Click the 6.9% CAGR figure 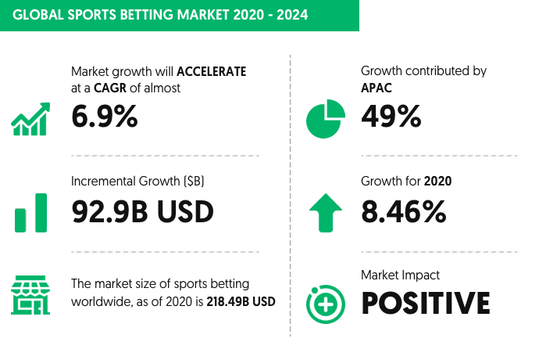tap(105, 117)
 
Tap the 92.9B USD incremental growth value tap(143, 211)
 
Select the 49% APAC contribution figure tap(391, 117)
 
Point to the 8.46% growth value tap(404, 211)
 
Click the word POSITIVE tap(426, 303)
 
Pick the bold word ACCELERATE tap(212, 72)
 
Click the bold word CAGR tap(110, 88)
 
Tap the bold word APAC tap(376, 88)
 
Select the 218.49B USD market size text tap(241, 302)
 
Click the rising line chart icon tap(30, 119)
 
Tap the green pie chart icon tap(326, 119)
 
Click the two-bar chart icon tap(30, 213)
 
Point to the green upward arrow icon tap(326, 213)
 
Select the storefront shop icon tap(30, 295)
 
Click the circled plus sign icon tap(326, 304)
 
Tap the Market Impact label tap(400, 275)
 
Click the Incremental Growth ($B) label tap(137, 182)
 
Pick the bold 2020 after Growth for tap(437, 182)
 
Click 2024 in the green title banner tap(292, 15)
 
